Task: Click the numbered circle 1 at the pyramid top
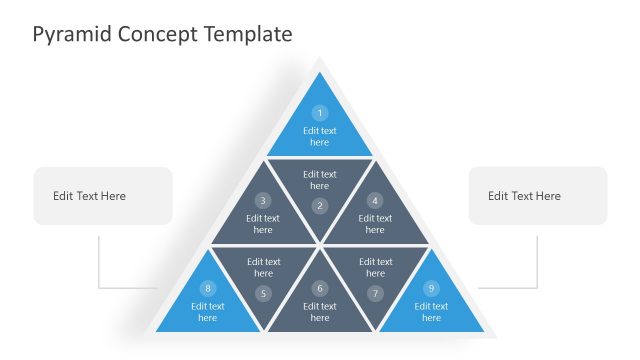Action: pos(320,113)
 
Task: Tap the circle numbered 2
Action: pos(320,206)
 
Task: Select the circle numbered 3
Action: pos(263,200)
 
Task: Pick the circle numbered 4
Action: pos(375,200)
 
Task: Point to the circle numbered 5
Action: pos(263,293)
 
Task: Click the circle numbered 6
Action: pos(320,288)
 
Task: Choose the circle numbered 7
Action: pos(375,293)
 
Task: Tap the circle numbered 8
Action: pos(208,288)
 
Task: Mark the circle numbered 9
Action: pos(431,288)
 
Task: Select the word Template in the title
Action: pos(248,34)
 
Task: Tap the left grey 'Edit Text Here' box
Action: pos(102,196)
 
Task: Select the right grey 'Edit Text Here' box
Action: pos(538,196)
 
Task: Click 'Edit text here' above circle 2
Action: pos(320,180)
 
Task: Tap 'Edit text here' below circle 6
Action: pos(320,312)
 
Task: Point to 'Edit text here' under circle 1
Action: pos(320,136)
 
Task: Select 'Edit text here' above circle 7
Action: pos(375,267)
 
